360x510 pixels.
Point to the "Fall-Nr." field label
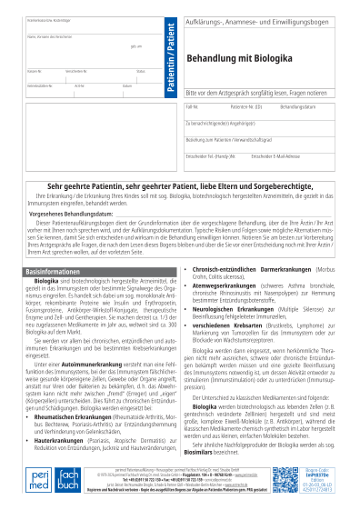(x=192, y=107)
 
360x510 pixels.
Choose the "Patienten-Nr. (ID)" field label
(x=246, y=107)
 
